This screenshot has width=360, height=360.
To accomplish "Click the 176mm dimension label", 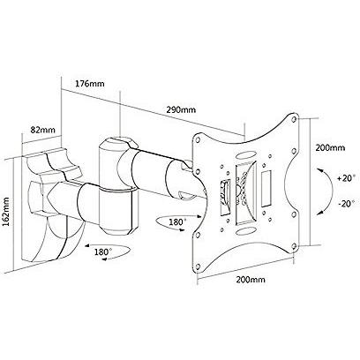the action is click(x=90, y=84).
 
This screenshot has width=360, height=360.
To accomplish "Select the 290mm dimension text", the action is click(x=181, y=110).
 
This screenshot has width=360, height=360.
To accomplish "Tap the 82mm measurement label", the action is click(x=43, y=130).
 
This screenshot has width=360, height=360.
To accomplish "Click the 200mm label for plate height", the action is click(x=330, y=147).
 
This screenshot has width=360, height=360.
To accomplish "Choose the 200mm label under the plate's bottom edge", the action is click(x=251, y=280).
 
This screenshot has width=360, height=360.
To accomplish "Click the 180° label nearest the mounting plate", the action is click(x=177, y=222).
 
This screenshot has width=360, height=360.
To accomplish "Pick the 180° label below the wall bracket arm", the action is click(x=103, y=251).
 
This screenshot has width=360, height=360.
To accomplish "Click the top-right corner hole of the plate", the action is click(x=295, y=120).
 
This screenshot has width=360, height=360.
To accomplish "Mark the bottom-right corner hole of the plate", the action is click(x=294, y=245).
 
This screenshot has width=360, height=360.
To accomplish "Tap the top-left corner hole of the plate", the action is click(x=199, y=139).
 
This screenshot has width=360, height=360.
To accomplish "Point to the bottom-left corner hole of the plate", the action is click(x=199, y=267).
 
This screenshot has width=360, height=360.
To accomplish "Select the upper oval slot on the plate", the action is click(x=246, y=155).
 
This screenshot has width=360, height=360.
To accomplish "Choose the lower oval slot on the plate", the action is click(x=246, y=231).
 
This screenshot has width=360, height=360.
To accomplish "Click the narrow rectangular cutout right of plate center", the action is click(x=267, y=188).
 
